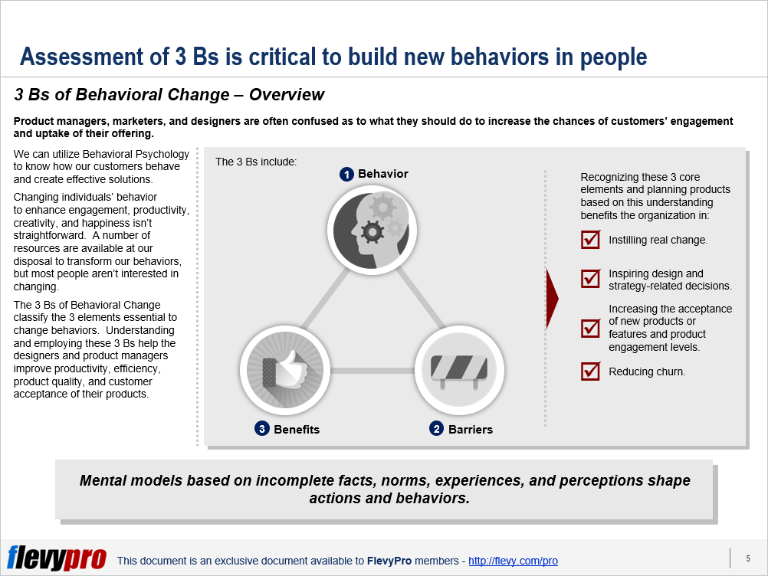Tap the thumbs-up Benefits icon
285,371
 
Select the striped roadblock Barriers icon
459,371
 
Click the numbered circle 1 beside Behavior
346,174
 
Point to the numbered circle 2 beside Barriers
436,429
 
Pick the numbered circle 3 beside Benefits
262,429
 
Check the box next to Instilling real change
590,240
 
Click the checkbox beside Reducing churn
590,371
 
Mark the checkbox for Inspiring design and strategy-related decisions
590,279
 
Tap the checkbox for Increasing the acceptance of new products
590,329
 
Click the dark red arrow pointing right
552,299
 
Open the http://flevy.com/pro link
513,561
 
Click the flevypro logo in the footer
56,558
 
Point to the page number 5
748,558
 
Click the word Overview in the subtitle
287,94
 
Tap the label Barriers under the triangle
470,429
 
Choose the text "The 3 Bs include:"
256,162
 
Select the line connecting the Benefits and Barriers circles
373,371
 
